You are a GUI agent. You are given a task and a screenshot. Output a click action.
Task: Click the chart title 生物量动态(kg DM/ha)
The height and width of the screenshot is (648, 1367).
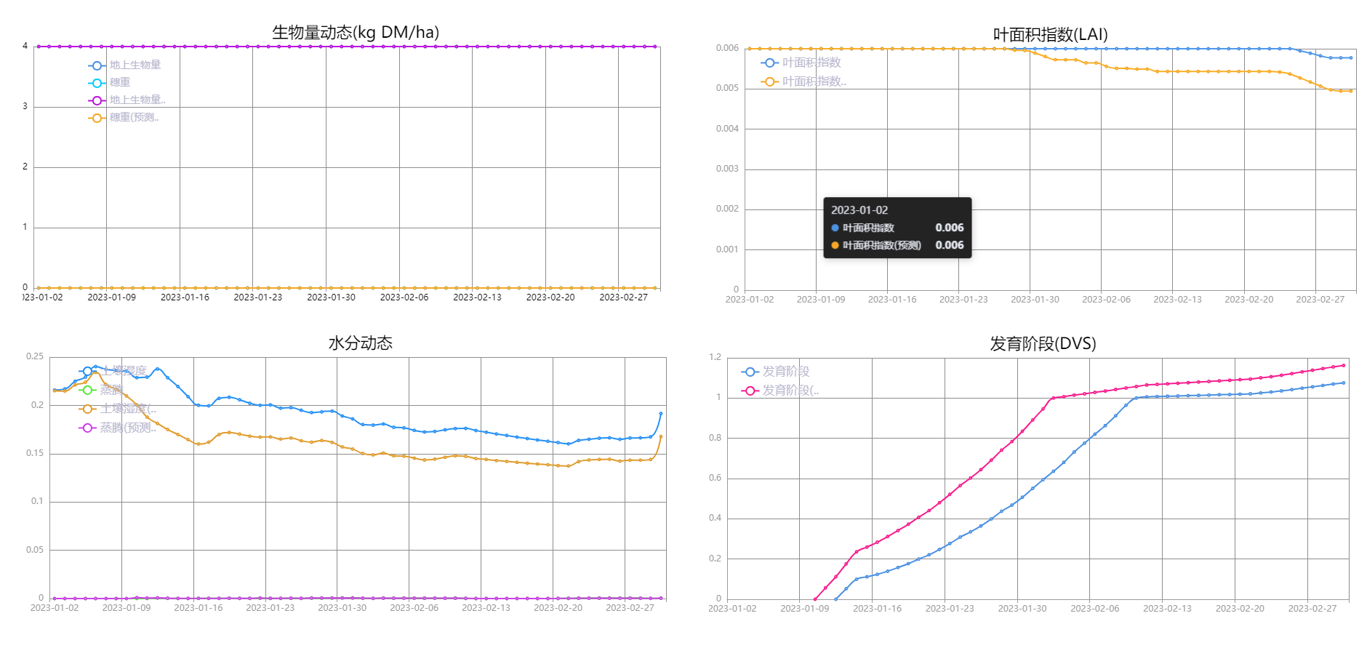coord(356,33)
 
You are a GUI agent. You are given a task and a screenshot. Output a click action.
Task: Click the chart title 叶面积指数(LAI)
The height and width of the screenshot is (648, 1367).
coord(1050,35)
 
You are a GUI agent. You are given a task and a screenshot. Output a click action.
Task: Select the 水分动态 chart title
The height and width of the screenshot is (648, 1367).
coord(360,343)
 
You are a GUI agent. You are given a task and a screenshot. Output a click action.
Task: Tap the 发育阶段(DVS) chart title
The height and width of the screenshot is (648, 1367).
coord(1043,344)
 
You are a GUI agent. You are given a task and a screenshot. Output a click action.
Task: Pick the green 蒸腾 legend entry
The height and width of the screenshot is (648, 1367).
coord(103,390)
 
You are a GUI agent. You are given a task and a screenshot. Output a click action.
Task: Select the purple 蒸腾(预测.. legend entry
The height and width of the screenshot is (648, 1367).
coord(118,428)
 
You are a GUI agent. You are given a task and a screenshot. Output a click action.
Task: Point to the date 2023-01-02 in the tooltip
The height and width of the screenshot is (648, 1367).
coord(859,210)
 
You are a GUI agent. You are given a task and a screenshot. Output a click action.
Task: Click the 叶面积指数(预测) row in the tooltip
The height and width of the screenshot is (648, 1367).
coord(881,245)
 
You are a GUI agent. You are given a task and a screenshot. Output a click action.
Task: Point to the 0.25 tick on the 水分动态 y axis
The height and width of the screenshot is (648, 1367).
coord(35,356)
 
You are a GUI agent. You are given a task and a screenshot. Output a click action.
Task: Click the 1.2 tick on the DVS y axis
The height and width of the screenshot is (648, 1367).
coord(715,357)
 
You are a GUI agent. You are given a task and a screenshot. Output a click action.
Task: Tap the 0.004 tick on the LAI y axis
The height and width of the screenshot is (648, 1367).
coord(727,129)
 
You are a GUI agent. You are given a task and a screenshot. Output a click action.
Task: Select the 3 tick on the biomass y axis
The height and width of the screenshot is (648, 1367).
coord(25,106)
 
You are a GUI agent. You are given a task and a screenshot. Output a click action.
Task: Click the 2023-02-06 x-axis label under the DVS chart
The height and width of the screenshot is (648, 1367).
coord(1094,609)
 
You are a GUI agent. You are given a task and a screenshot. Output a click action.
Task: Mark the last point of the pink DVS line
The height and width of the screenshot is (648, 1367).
coord(1343,365)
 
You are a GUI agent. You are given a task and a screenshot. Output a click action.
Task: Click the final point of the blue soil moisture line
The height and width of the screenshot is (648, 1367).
coord(661,413)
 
